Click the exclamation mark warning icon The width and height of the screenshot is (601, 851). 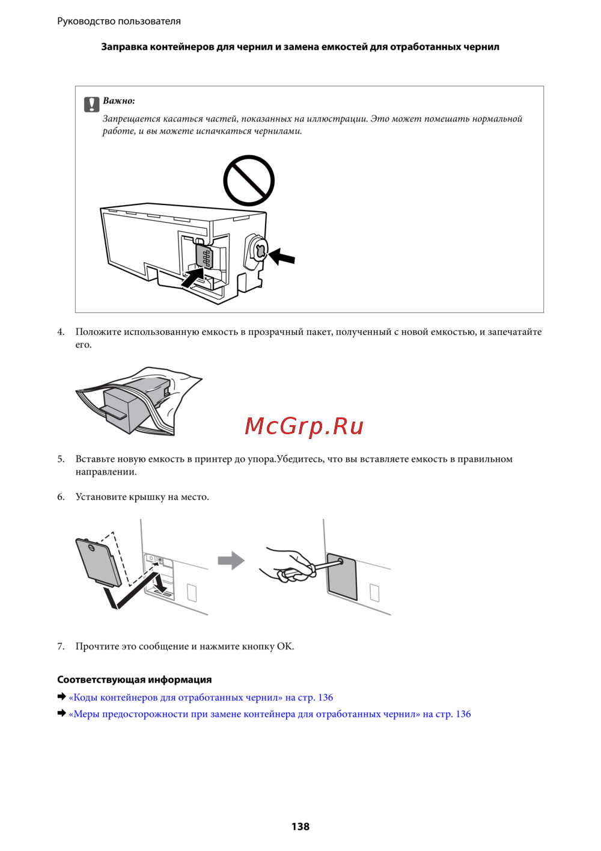coord(91,104)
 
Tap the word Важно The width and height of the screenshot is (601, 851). coord(118,100)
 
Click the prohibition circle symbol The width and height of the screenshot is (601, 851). coord(249,181)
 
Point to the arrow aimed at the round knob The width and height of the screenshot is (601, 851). coord(281,256)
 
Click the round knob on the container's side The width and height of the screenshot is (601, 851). coord(259,251)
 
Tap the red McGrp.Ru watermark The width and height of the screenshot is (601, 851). coord(304,426)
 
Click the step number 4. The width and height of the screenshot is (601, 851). coord(61,332)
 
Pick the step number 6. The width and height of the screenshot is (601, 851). coord(61,497)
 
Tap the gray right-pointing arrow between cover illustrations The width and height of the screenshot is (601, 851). coord(231,561)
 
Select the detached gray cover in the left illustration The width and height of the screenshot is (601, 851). coord(98,563)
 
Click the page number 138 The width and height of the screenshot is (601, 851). coord(300,826)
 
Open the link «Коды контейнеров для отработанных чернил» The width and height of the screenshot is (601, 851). coord(201,697)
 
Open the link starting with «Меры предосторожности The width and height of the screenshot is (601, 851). coord(270,714)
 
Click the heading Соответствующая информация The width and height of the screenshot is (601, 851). coord(135,679)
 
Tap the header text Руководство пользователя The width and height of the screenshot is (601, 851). coord(119,21)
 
